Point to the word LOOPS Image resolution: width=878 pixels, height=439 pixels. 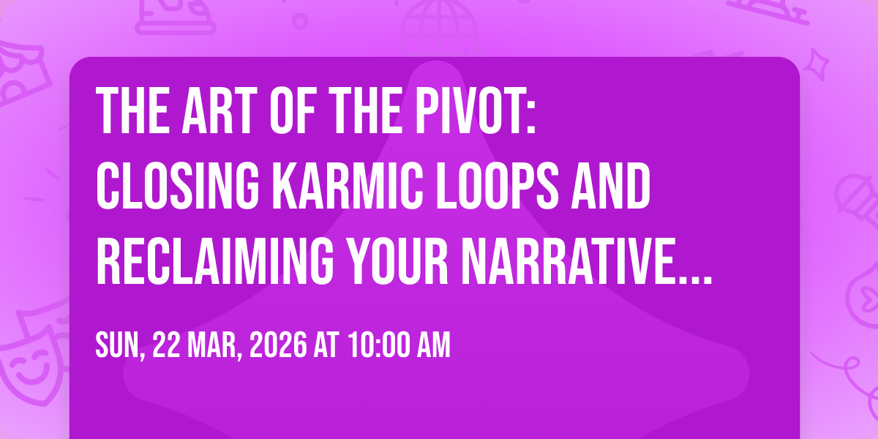pos(498,186)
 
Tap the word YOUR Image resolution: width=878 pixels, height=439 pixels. pos(398,261)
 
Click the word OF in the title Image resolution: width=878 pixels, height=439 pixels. pos(293,110)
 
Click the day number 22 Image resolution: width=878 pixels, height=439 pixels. pos(167,345)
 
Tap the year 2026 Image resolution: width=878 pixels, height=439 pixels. pos(278,345)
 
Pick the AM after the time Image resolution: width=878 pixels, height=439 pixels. pos(433,345)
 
